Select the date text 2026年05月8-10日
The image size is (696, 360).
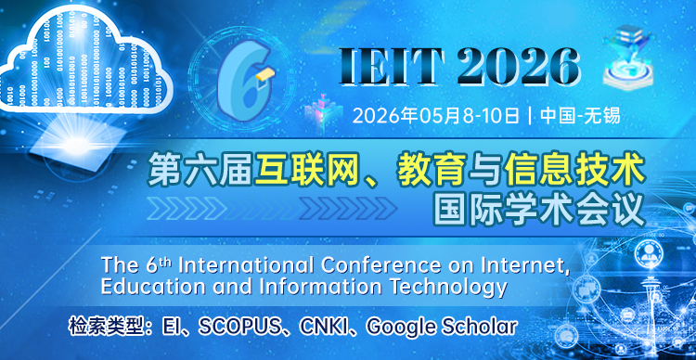tap(436, 117)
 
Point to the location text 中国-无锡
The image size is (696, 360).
tap(579, 117)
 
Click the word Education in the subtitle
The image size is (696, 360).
tap(112, 287)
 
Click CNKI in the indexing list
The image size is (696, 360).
tap(329, 328)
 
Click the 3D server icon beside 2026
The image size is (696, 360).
tap(631, 60)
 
